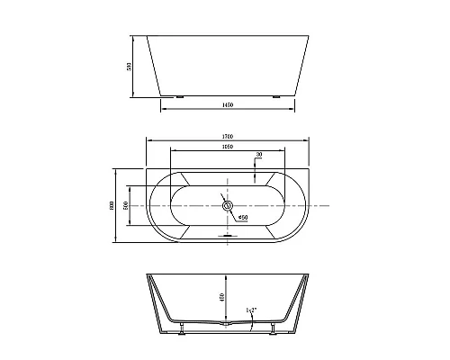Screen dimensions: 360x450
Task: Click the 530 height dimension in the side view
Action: click(x=129, y=67)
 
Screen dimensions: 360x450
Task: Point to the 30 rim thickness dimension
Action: click(x=260, y=156)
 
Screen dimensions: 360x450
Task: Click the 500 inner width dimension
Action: click(x=126, y=205)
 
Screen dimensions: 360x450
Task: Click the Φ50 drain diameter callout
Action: click(x=243, y=217)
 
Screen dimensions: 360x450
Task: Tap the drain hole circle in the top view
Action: click(x=227, y=206)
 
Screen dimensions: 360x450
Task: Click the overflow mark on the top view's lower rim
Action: click(x=227, y=237)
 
